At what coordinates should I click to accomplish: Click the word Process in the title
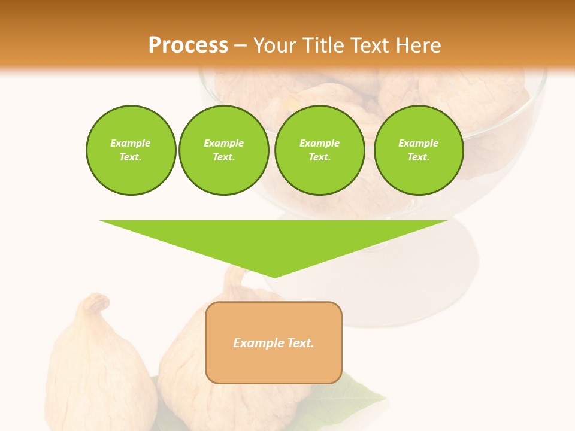tap(188, 45)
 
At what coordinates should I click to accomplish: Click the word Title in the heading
tap(323, 45)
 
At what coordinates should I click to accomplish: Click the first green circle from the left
tap(131, 150)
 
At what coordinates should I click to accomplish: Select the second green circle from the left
tap(223, 150)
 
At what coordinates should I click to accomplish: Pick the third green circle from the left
tap(319, 150)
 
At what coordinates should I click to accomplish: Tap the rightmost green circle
tap(419, 150)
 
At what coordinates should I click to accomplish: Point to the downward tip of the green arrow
tap(274, 275)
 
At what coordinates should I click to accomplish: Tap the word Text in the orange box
tap(300, 343)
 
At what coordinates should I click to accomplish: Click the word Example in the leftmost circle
tap(131, 143)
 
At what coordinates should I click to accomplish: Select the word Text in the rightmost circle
tap(417, 157)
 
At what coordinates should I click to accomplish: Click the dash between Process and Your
tap(240, 45)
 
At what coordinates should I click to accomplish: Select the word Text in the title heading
tap(368, 45)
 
